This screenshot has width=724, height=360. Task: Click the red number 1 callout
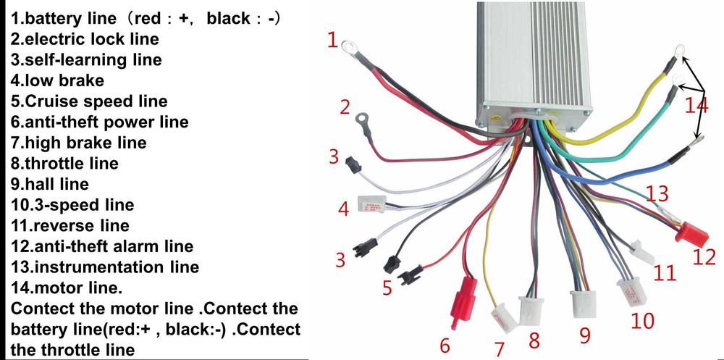332,40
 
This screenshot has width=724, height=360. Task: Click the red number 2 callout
345,109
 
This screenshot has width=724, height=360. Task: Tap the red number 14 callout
696,106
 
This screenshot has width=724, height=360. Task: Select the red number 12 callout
704,256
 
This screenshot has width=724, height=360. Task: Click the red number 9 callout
585,335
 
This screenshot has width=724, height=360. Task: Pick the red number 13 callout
657,194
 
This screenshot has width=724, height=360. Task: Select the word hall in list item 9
39,185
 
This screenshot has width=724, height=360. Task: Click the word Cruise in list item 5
51,101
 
